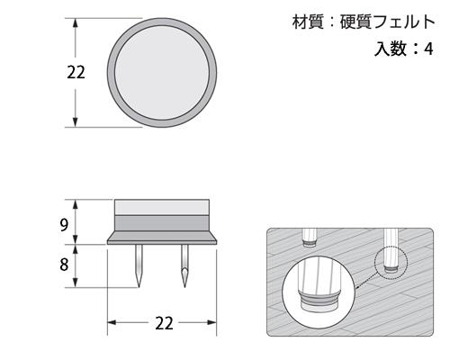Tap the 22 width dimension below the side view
tap(164, 322)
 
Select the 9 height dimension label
tap(64, 225)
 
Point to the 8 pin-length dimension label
tap(64, 265)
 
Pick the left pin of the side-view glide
tap(139, 266)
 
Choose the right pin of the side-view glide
tap(185, 266)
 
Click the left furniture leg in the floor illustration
tap(310, 237)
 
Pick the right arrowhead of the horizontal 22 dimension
tap(219, 322)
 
